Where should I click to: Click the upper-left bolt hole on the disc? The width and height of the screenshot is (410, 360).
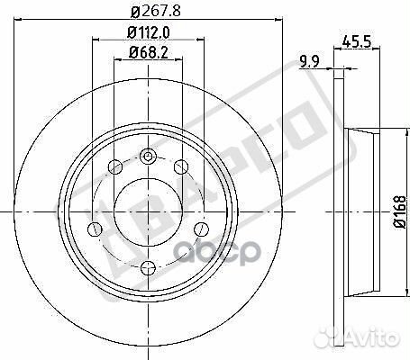pyautogui.click(x=115, y=166)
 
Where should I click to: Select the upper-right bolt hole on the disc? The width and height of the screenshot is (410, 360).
pyautogui.click(x=180, y=166)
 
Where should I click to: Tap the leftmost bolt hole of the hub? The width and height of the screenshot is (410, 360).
pyautogui.click(x=96, y=228)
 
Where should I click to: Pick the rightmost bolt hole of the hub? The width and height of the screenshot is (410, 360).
pyautogui.click(x=200, y=228)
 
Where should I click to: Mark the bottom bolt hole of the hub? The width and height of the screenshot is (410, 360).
pyautogui.click(x=148, y=265)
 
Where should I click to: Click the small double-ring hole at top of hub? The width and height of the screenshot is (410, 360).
pyautogui.click(x=148, y=155)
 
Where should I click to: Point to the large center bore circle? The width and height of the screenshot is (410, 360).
pyautogui.click(x=148, y=211)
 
